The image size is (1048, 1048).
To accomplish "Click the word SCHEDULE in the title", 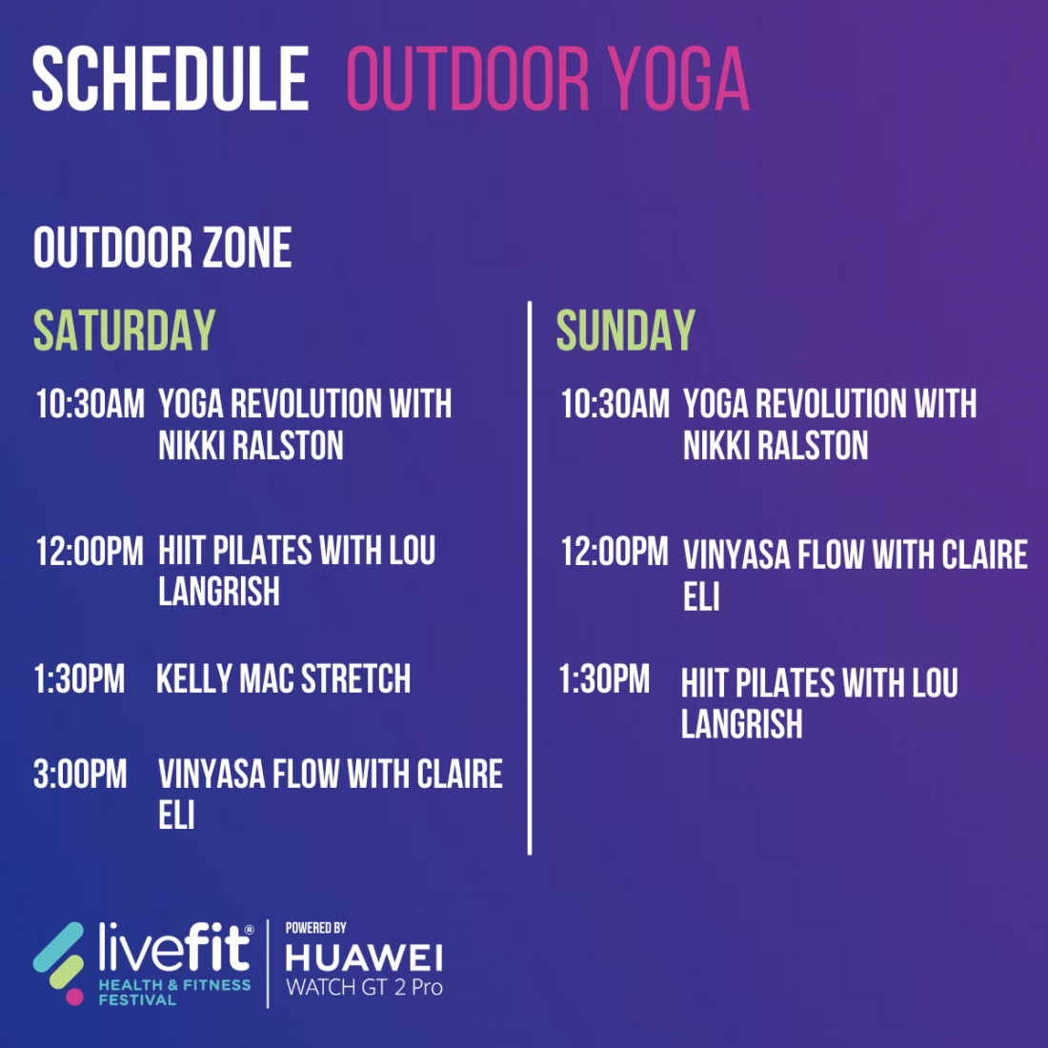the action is click(x=171, y=78).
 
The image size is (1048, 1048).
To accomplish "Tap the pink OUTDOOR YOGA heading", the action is click(x=548, y=78).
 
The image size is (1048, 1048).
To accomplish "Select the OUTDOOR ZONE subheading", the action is click(x=162, y=248).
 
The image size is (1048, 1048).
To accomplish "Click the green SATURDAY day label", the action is click(x=124, y=330).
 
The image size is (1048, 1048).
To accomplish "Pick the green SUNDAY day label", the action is click(x=626, y=330).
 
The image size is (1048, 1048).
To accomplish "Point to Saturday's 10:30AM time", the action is click(x=91, y=404).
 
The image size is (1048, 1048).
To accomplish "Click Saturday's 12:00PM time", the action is click(x=91, y=552).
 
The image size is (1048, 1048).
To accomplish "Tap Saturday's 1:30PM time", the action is click(x=79, y=679).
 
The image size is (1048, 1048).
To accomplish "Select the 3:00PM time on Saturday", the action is click(x=80, y=774).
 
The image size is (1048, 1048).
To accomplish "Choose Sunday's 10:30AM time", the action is click(x=615, y=404).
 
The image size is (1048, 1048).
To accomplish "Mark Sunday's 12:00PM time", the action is click(x=615, y=552).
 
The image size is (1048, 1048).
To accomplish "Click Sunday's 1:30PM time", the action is click(x=604, y=679).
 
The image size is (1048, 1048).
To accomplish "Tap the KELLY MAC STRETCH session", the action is click(x=283, y=679).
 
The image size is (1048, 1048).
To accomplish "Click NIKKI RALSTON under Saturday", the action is click(x=251, y=445).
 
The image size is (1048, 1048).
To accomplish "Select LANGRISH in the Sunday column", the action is click(x=742, y=724).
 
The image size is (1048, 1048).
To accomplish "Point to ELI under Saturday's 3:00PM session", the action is click(x=176, y=816).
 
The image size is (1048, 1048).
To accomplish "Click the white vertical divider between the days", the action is click(x=530, y=578).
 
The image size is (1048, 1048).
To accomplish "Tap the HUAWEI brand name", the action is click(x=364, y=958).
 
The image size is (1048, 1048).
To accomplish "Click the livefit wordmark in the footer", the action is click(x=175, y=947).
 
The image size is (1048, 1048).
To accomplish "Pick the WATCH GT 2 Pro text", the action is click(x=364, y=987).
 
